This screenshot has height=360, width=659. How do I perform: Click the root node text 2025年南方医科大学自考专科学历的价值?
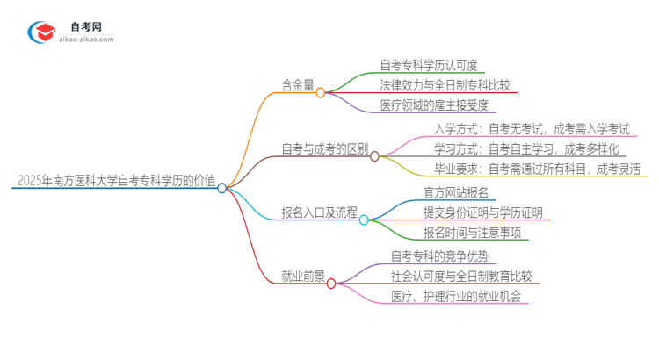pyautogui.click(x=116, y=182)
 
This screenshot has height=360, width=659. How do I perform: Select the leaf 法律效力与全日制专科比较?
pyautogui.click(x=445, y=86)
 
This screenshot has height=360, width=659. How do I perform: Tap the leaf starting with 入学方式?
pyautogui.click(x=532, y=129)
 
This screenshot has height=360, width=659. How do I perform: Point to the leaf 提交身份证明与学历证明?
pyautogui.click(x=482, y=213)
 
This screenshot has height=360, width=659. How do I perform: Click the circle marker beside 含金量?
pyautogui.click(x=321, y=91)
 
